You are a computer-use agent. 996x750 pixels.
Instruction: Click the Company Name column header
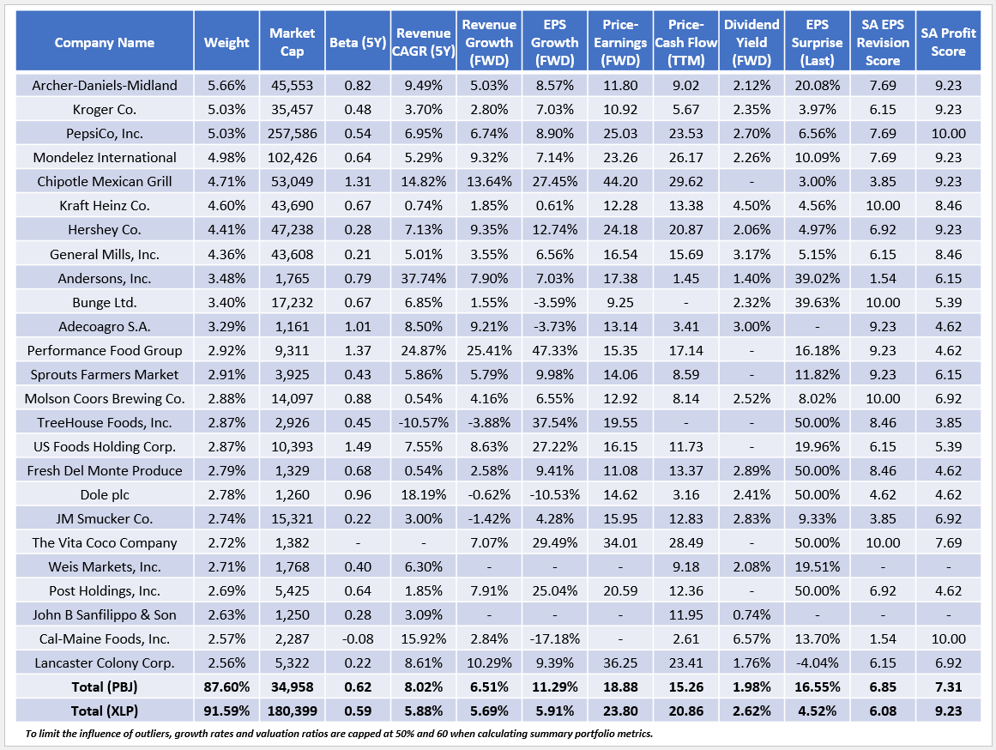[105, 43]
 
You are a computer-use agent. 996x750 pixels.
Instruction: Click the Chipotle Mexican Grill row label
[105, 181]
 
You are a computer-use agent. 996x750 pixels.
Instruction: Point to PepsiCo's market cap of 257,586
[293, 133]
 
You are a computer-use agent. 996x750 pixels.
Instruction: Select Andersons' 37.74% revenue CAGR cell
[423, 278]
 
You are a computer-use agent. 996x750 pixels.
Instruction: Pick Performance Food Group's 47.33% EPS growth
[552, 350]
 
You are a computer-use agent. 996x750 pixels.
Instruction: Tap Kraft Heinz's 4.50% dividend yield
[752, 205]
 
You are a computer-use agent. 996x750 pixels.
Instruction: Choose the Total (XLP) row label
[105, 711]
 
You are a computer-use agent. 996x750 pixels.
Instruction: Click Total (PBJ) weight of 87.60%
[226, 686]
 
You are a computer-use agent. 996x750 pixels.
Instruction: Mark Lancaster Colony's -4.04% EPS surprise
[816, 662]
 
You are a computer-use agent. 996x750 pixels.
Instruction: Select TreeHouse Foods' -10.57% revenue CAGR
[423, 422]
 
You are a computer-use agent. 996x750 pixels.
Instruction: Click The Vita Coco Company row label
[105, 542]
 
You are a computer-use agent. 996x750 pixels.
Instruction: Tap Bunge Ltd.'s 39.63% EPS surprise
[816, 302]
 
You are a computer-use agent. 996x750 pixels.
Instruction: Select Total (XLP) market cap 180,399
[293, 711]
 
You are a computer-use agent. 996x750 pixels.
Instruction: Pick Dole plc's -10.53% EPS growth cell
[552, 494]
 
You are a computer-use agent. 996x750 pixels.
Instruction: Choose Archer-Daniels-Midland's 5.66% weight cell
[226, 85]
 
